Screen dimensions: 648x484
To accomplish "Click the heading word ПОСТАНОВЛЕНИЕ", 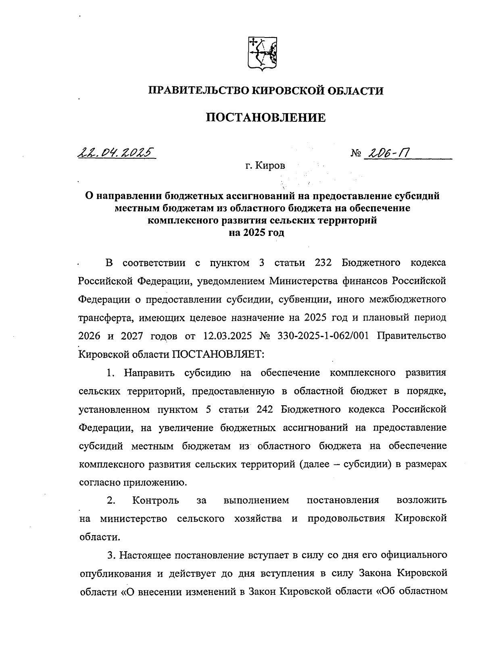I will tap(266, 118).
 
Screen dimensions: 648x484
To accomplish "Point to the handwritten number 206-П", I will tap(388, 153).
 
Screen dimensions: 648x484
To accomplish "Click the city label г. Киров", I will tap(265, 166).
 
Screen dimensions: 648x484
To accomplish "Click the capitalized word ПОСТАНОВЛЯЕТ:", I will tap(218, 354).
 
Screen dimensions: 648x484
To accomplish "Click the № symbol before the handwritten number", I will tap(356, 154).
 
